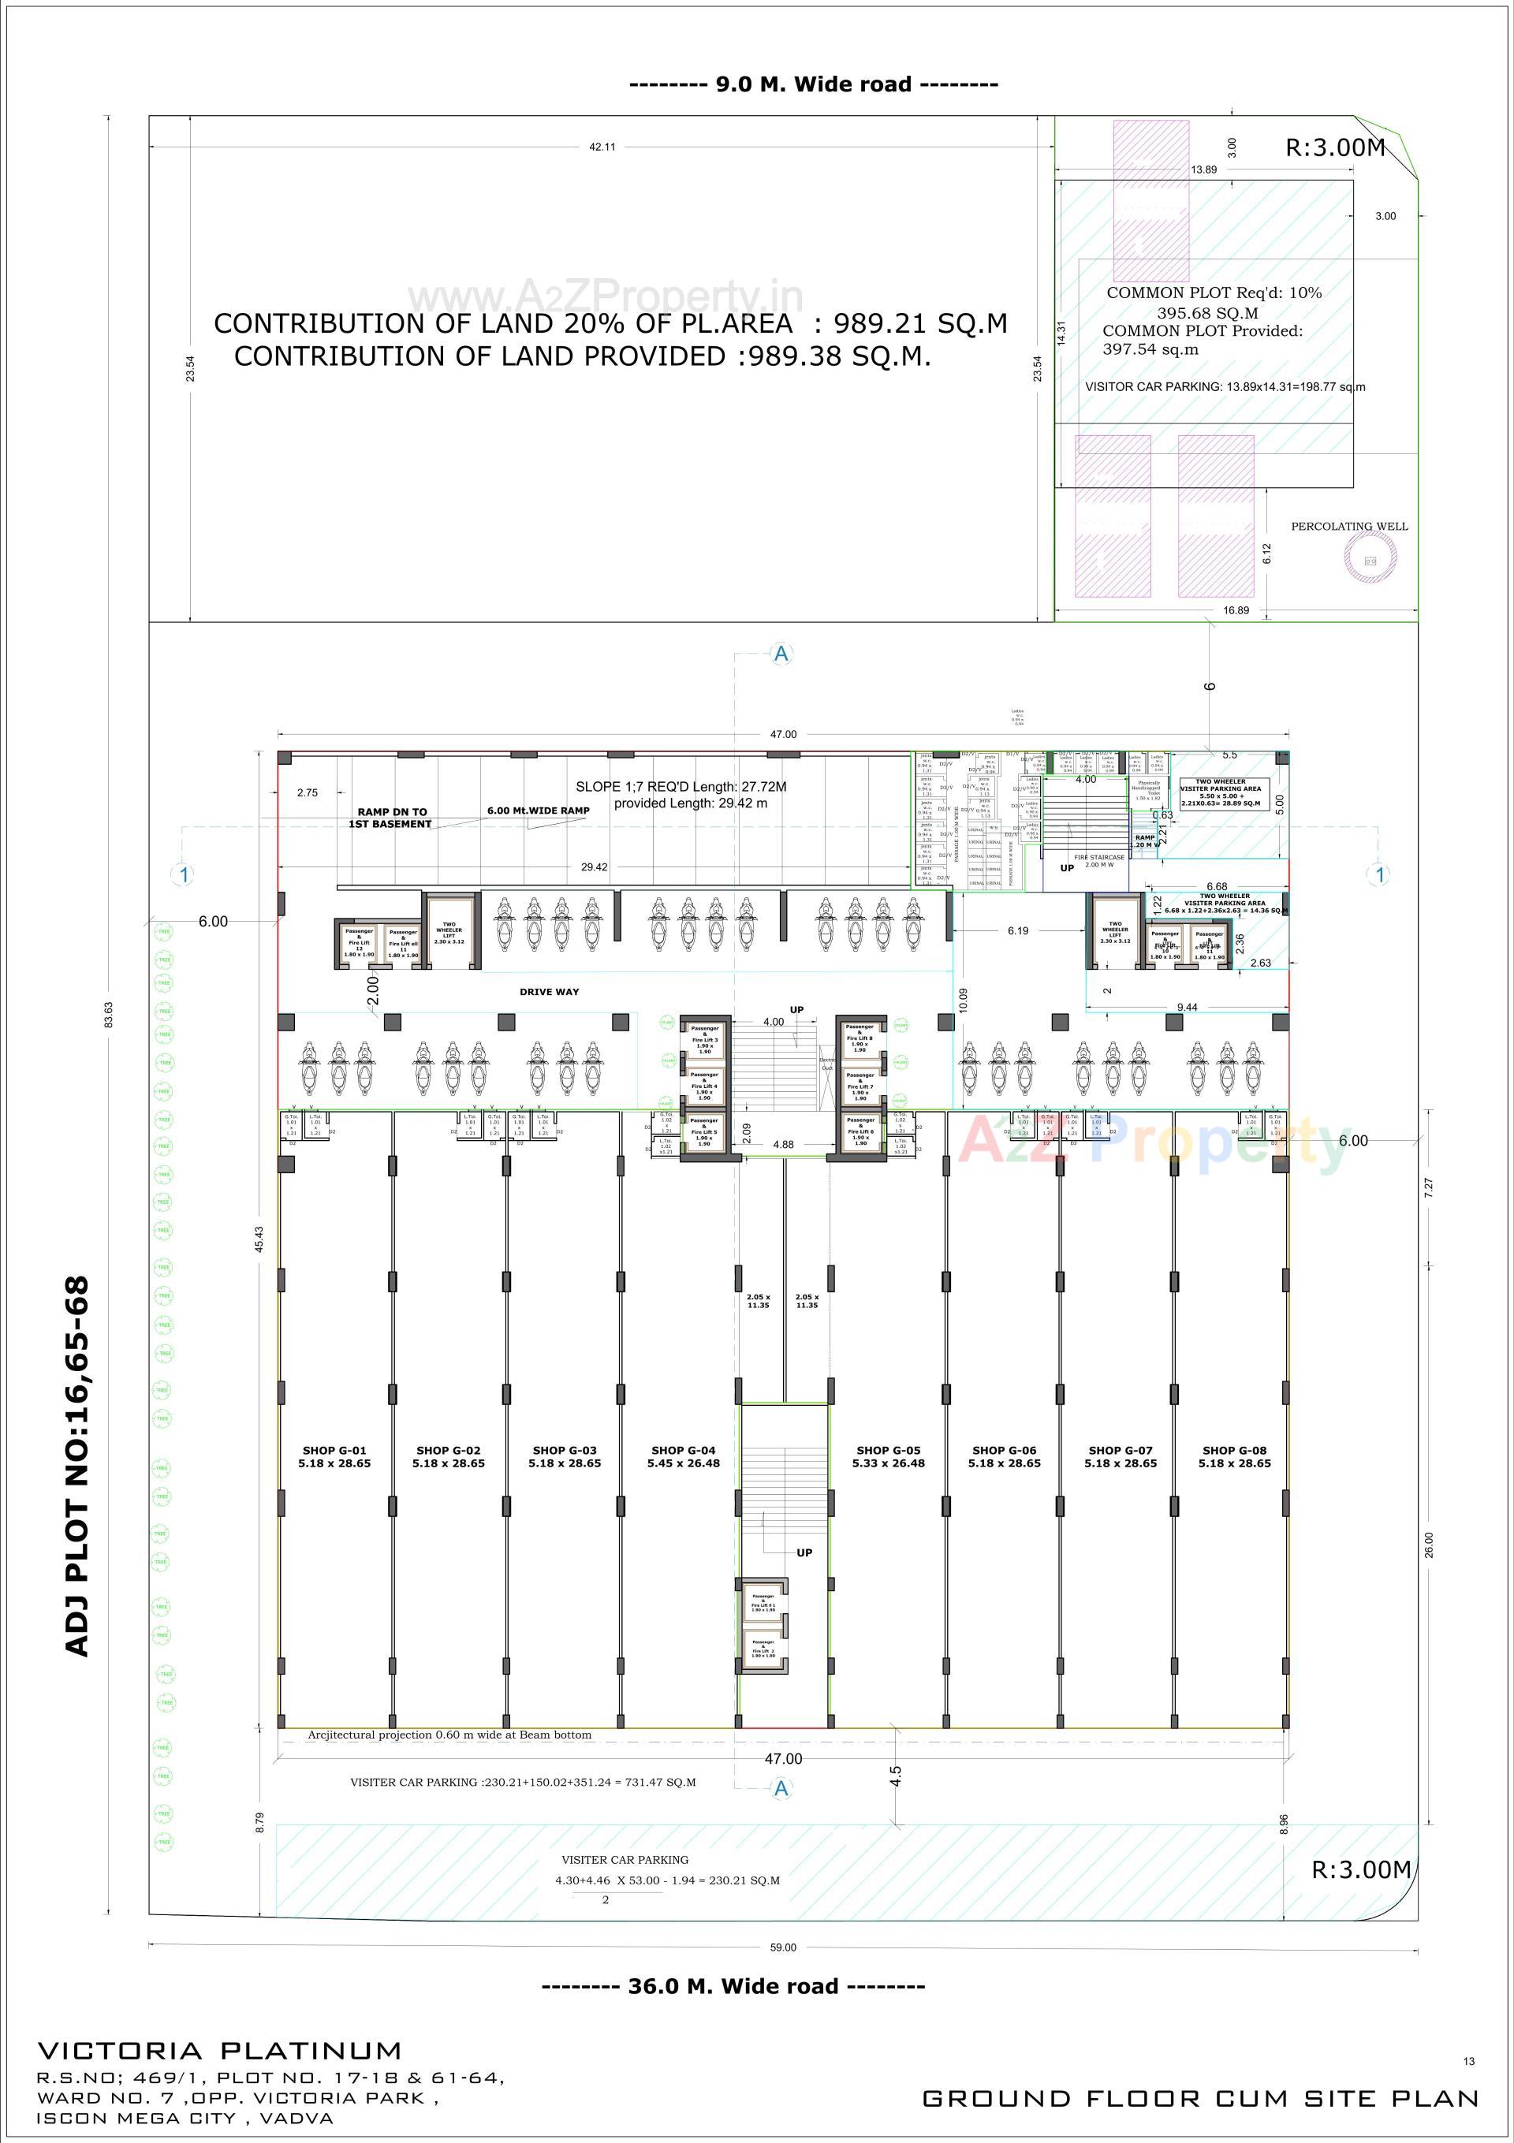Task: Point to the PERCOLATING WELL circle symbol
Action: [1370, 560]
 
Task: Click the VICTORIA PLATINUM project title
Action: [219, 2051]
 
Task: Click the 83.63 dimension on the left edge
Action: [108, 1015]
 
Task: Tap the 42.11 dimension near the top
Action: [602, 147]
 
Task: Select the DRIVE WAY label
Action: [549, 991]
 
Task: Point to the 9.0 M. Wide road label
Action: [813, 84]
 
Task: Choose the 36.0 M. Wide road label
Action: [733, 1986]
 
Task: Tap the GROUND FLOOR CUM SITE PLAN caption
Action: [1200, 2098]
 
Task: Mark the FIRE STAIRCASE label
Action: [1098, 857]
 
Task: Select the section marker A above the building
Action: [781, 654]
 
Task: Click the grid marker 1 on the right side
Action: [1380, 874]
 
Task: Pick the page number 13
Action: [1469, 2061]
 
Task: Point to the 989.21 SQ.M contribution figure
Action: [920, 323]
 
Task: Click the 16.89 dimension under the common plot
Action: [1235, 610]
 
